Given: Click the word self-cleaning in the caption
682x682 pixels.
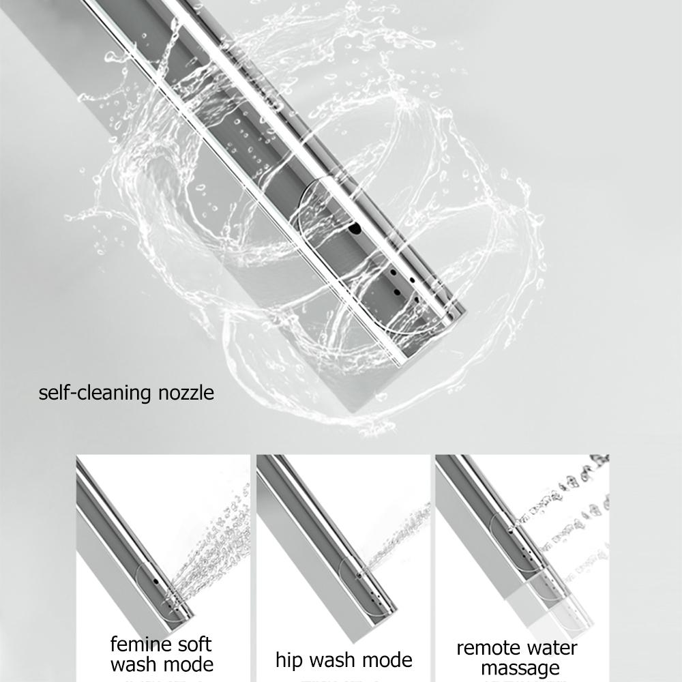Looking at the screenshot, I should (95, 394).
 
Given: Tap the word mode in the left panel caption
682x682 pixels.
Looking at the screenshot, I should (189, 664).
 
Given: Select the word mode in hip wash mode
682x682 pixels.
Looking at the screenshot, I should (388, 660).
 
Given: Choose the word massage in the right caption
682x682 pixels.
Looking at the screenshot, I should (520, 668).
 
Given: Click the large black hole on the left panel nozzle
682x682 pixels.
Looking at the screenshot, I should (156, 582).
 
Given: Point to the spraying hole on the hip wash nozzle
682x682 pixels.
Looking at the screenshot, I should (359, 576).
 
